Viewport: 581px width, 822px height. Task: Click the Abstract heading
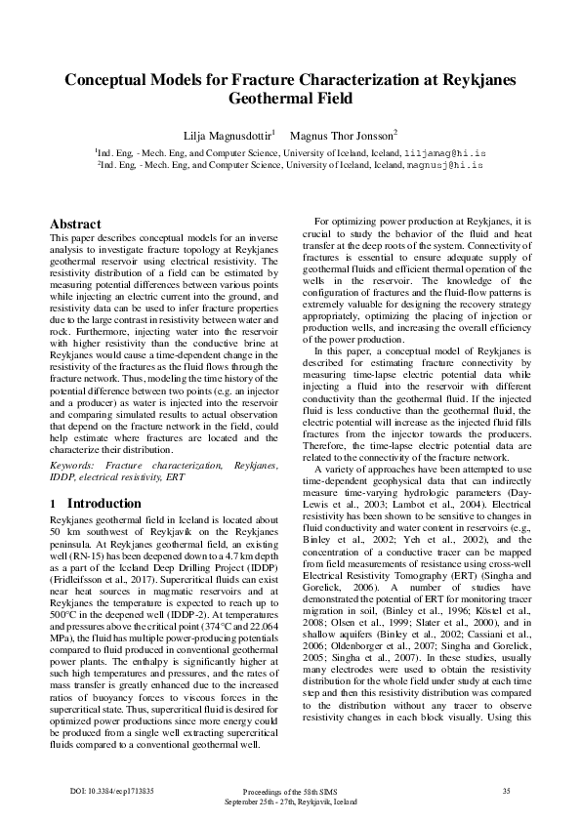(75, 224)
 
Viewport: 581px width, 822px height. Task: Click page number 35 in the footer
(506, 790)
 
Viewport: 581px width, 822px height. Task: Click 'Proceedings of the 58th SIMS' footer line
(290, 791)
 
